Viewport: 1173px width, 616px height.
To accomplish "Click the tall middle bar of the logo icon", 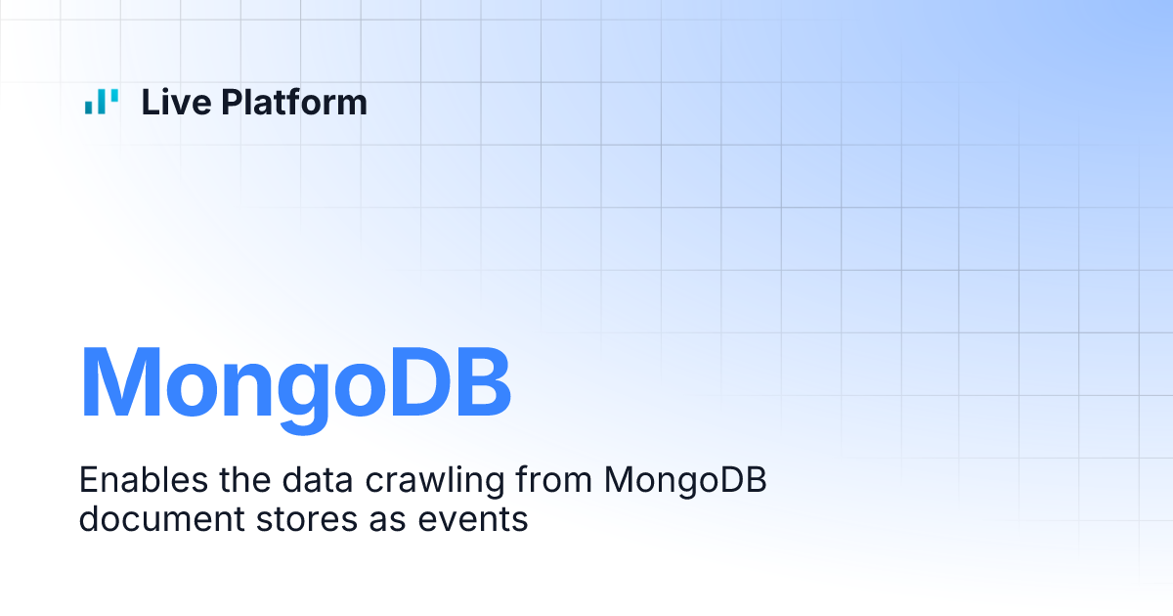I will click(x=102, y=102).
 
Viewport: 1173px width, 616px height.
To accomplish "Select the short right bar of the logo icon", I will click(x=114, y=97).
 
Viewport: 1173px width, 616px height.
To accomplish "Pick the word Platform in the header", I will click(x=293, y=103).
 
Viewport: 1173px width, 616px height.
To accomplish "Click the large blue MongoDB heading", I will click(x=295, y=383).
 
